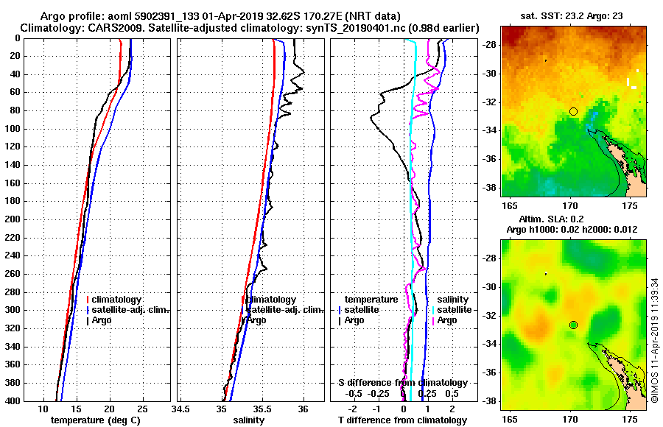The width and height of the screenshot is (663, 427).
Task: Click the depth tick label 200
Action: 13,219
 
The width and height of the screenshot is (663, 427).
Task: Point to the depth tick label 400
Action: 13,401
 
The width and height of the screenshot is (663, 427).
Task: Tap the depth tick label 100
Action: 13,129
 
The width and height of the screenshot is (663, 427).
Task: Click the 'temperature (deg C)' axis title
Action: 95,420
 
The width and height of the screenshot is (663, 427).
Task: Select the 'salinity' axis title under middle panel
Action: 248,420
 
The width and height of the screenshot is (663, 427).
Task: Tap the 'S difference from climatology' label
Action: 403,383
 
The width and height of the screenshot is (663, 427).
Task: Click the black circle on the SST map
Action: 573,111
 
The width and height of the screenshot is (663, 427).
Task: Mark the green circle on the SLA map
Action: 573,325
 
